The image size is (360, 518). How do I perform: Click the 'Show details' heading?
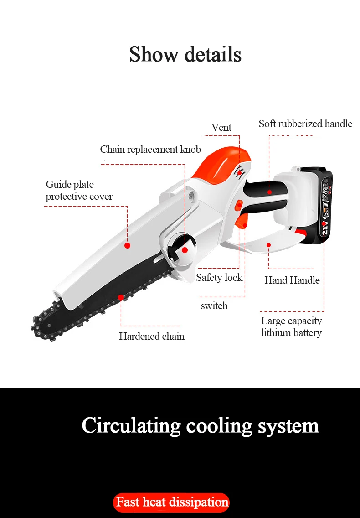[185, 54]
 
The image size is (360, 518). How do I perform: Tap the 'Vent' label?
[221, 128]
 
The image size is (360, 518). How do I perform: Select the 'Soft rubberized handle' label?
[305, 124]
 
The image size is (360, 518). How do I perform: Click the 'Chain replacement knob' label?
[150, 150]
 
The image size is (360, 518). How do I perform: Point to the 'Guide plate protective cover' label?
[79, 191]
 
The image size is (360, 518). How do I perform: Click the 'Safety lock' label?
[219, 277]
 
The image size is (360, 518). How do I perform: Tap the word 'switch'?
[214, 306]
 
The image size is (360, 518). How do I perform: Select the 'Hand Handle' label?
[292, 280]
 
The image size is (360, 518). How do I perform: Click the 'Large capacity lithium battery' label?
[291, 327]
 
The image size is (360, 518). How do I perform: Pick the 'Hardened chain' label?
[152, 337]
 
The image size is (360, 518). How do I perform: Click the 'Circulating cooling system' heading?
[200, 425]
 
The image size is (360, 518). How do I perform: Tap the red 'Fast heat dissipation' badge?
[171, 502]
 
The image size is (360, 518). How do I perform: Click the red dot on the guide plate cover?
[128, 245]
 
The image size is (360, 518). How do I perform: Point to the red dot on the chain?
[121, 297]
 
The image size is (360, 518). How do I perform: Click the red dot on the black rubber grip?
[269, 192]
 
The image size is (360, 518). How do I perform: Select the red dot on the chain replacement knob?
[185, 250]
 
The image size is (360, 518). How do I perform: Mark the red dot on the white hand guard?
[269, 245]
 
